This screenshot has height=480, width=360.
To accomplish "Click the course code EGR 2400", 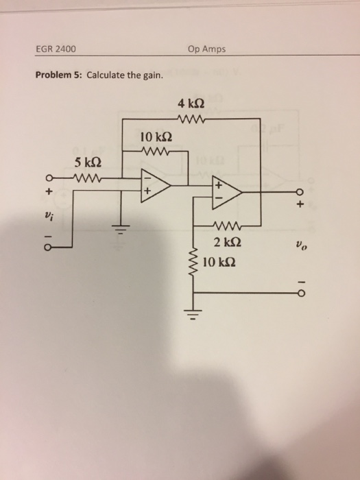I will [56, 49].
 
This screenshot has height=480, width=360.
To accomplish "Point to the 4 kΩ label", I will [189, 104].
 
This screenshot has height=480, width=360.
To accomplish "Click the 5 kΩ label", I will [88, 163].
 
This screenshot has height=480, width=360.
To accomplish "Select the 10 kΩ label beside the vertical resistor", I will [227, 261].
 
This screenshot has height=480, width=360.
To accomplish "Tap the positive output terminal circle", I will [300, 191].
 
